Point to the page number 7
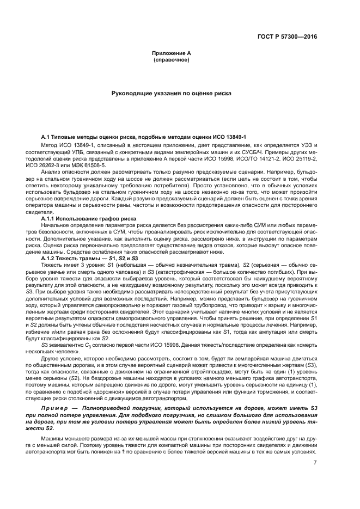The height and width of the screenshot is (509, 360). click(x=315, y=463)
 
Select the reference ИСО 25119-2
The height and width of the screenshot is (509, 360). click(x=301, y=159)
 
